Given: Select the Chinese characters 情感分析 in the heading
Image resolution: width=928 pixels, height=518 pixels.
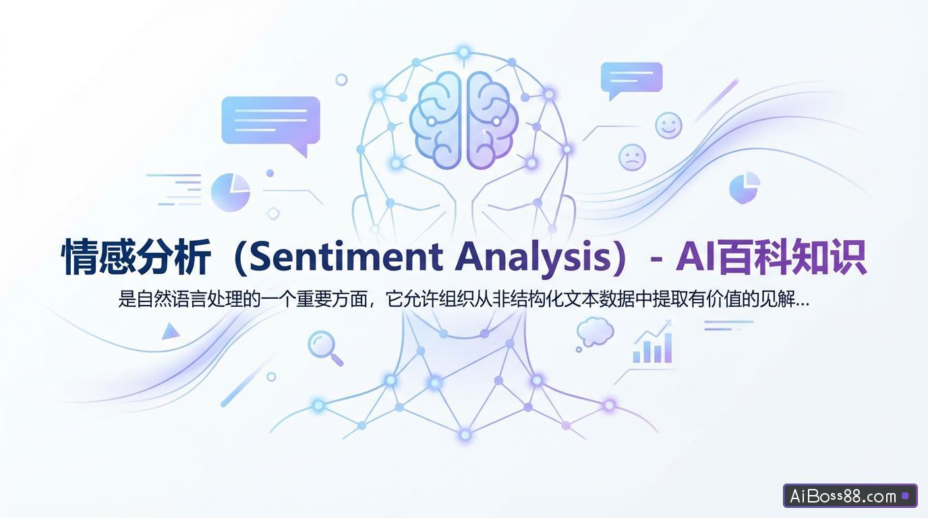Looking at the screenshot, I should pyautogui.click(x=135, y=258).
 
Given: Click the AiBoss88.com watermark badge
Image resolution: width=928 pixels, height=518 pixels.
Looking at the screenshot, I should pyautogui.click(x=850, y=496).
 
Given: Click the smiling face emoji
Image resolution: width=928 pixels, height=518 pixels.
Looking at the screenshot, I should pyautogui.click(x=668, y=125).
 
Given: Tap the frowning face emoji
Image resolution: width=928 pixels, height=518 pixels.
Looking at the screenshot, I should pyautogui.click(x=632, y=157).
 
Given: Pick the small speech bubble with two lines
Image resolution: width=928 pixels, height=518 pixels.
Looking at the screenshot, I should pyautogui.click(x=631, y=78).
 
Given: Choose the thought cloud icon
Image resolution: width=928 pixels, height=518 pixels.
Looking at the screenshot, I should pyautogui.click(x=595, y=330).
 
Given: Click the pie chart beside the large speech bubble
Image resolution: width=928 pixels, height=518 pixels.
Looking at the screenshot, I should pyautogui.click(x=231, y=192).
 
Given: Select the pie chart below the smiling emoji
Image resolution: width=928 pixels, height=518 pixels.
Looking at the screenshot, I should pyautogui.click(x=745, y=188).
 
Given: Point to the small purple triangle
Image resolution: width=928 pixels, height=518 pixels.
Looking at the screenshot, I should pyautogui.click(x=170, y=331).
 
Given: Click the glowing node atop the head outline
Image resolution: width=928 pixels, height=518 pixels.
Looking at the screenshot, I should pyautogui.click(x=463, y=51).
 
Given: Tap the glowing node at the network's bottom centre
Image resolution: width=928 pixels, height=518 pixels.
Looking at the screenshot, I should pyautogui.click(x=465, y=435).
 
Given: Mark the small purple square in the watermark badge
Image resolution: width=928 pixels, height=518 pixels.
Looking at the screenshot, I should pyautogui.click(x=905, y=496).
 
